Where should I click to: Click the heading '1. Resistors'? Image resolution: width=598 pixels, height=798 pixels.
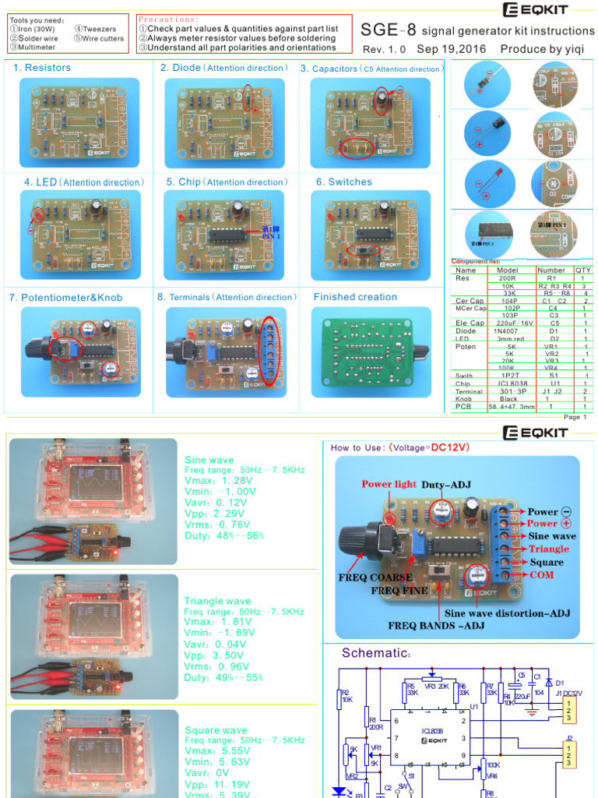click(42, 68)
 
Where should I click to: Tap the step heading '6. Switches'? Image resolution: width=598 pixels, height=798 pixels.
click(343, 182)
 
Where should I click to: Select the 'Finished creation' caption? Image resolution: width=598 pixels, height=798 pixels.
click(355, 297)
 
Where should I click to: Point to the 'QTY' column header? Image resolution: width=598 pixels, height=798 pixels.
click(583, 270)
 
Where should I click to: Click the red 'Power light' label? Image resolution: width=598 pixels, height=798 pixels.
click(389, 484)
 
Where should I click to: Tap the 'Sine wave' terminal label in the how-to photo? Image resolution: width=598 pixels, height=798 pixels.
click(552, 536)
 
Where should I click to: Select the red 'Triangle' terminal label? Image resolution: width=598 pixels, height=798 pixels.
click(548, 549)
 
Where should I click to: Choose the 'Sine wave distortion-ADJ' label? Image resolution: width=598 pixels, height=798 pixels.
click(507, 613)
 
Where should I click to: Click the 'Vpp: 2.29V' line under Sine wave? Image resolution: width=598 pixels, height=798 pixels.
click(211, 514)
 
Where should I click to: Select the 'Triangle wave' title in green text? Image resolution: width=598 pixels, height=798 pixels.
click(217, 601)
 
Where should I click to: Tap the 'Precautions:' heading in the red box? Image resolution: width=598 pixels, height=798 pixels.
click(168, 19)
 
